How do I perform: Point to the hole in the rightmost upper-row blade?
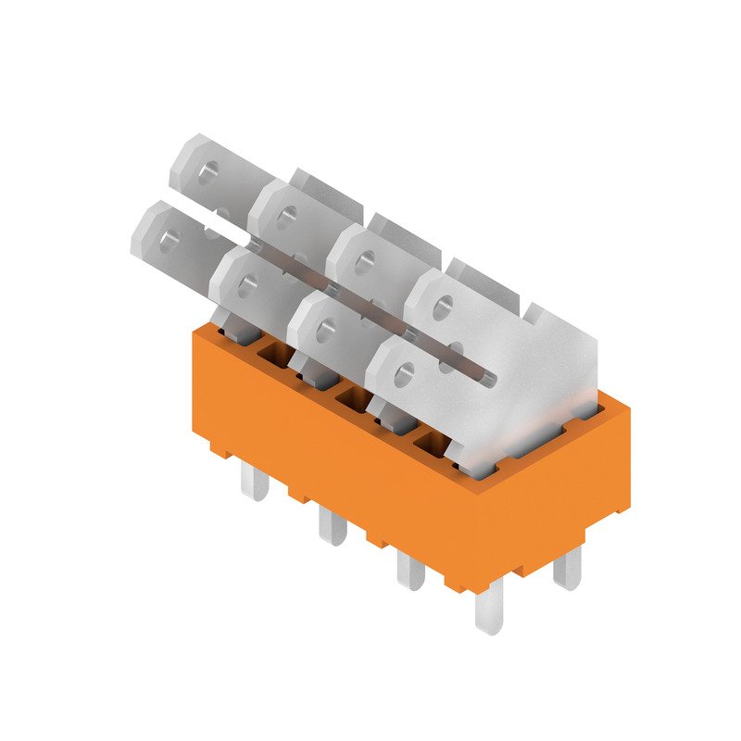[442, 302]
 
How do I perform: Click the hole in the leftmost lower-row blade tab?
[170, 240]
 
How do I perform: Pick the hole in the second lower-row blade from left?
[246, 284]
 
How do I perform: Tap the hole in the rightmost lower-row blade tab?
[402, 375]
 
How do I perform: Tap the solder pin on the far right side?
[567, 568]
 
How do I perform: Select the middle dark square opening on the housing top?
[352, 396]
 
